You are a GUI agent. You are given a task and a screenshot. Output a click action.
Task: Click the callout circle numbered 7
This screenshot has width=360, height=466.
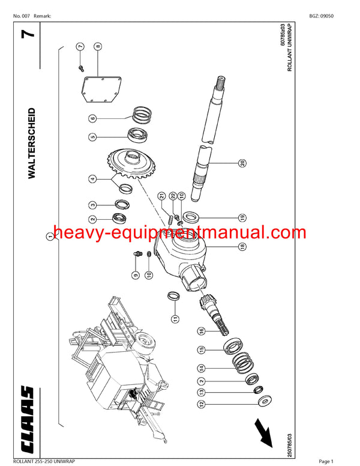80,46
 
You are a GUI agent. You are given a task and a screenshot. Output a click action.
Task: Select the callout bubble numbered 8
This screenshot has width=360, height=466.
98,46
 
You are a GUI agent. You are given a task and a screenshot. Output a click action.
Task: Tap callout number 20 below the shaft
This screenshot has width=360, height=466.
242,163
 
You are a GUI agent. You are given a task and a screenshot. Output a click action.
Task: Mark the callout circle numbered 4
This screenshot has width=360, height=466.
93,178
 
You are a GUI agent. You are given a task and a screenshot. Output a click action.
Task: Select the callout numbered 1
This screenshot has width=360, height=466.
50,237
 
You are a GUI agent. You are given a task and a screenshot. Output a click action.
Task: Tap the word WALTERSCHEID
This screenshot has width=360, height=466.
32,144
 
